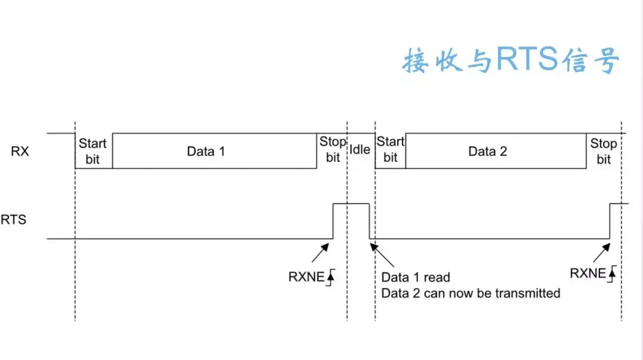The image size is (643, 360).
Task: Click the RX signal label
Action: coord(20,151)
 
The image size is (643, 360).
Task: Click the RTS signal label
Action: coord(13,220)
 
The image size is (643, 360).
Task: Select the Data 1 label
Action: coord(206,151)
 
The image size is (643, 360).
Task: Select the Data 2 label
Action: coord(488,151)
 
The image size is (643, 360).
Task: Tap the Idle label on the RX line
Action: coord(360,149)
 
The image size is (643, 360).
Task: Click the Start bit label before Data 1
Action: coord(93,151)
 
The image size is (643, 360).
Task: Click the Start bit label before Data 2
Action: coord(391,149)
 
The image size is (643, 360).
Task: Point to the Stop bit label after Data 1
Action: coord(333,149)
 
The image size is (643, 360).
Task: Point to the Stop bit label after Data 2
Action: coord(604,151)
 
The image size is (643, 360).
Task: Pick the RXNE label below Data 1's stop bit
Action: coord(305,277)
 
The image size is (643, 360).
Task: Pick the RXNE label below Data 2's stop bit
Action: coord(588,273)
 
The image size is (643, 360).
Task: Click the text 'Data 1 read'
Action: coord(416,277)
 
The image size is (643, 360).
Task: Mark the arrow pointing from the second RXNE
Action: coord(601,253)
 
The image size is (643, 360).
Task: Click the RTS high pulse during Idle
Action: coord(351,204)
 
